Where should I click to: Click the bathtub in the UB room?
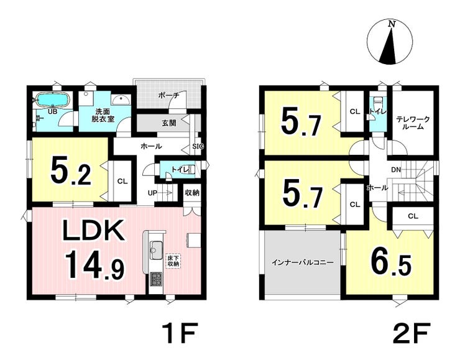tap(52, 99)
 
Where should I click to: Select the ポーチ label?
tap(168, 95)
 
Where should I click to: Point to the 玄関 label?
tap(169, 123)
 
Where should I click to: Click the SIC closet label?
tap(198, 146)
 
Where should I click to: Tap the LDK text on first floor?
tap(93, 231)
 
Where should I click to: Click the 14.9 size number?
tap(95, 265)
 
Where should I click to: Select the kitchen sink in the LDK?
tap(156, 251)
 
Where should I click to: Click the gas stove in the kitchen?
tap(156, 279)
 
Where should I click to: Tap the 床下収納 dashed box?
tap(173, 261)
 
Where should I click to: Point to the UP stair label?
tap(152, 193)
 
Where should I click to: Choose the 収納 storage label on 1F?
tap(192, 193)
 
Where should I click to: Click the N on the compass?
tap(391, 24)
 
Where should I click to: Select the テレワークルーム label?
tap(413, 123)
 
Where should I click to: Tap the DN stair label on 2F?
tap(396, 170)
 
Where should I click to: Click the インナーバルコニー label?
tap(303, 262)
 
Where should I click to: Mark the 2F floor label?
tap(412, 333)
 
